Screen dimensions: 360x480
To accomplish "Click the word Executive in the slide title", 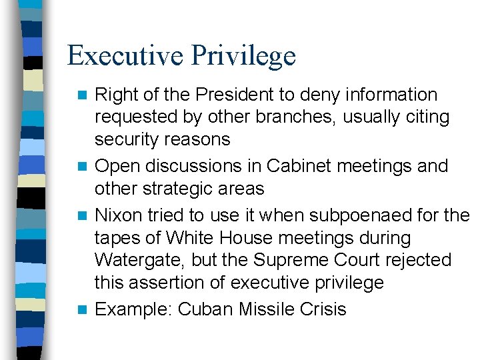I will pyautogui.click(x=124, y=55).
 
